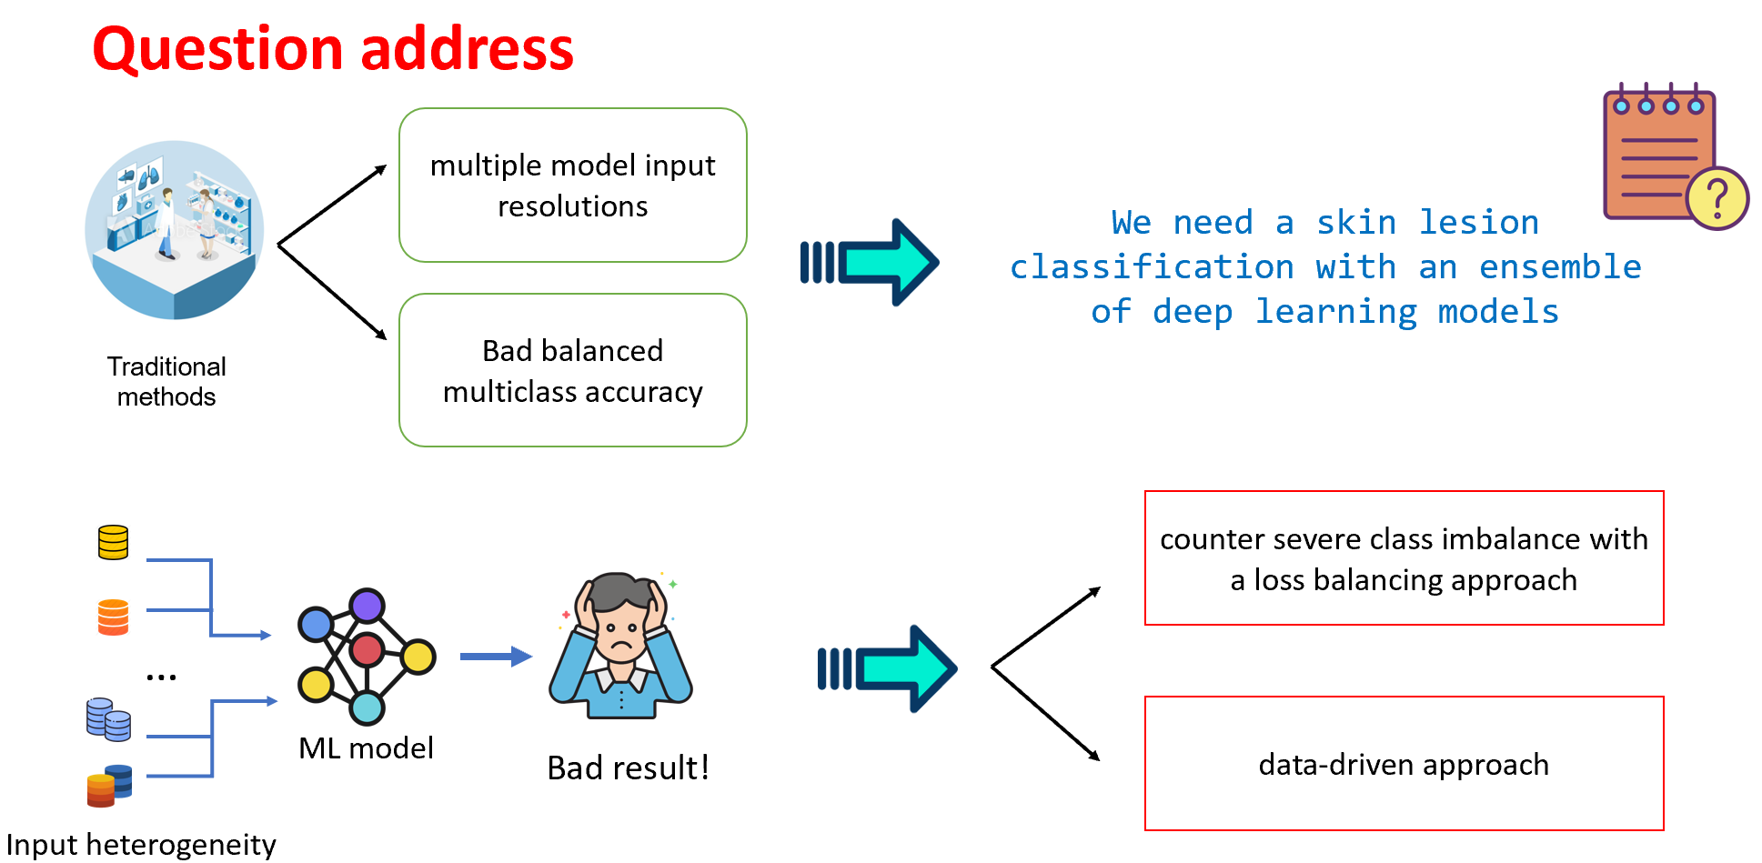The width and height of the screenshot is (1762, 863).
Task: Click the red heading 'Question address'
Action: (333, 49)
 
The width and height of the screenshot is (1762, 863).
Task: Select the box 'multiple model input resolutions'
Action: (573, 186)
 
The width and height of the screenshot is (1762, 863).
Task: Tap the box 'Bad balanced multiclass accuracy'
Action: (573, 370)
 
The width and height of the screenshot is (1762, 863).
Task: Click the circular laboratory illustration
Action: (174, 230)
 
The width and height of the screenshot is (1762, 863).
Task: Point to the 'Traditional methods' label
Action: (166, 381)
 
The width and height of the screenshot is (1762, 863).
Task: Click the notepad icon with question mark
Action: (1675, 156)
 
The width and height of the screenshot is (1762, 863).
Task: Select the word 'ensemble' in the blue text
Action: (1560, 266)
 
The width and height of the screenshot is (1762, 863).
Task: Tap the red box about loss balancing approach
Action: (1404, 558)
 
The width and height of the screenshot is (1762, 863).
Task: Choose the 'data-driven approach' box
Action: (1404, 764)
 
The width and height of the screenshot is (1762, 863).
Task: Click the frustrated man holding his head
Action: (621, 646)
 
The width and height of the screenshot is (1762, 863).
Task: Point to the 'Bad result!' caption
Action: (628, 768)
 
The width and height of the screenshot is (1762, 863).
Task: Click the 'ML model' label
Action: (366, 748)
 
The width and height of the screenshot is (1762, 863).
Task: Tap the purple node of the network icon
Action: (368, 606)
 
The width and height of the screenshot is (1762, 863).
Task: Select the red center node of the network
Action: (367, 650)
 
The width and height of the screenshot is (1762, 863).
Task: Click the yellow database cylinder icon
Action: (113, 543)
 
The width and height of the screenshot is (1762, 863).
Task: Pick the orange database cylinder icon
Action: (113, 617)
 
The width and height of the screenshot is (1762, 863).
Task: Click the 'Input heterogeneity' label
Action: (141, 845)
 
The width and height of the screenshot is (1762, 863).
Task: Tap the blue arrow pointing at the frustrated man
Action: (496, 657)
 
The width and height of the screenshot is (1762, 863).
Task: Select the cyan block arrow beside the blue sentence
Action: (870, 263)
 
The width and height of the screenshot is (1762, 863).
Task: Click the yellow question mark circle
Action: (1717, 198)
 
